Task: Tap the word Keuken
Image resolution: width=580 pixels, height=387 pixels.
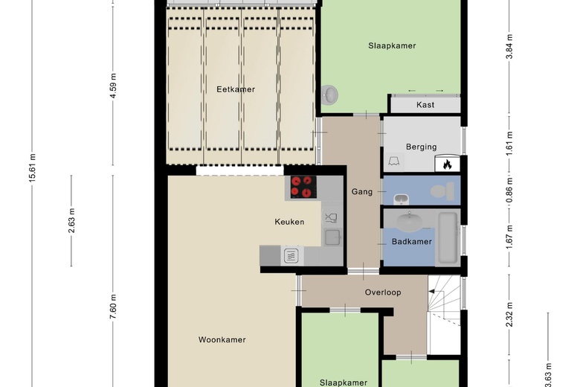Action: (289, 222)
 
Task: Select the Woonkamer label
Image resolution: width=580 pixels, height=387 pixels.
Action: (222, 339)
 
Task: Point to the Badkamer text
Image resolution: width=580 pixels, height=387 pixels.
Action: (412, 242)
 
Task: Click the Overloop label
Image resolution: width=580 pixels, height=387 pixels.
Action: (383, 292)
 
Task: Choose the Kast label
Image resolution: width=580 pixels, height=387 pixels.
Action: (425, 105)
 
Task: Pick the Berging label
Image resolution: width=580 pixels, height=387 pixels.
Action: (422, 147)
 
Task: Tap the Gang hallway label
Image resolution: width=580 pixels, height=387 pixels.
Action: (361, 192)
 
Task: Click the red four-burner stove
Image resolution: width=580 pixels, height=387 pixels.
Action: (301, 186)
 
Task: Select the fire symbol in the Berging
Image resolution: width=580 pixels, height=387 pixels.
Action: (448, 164)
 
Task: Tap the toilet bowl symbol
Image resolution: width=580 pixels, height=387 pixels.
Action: (442, 191)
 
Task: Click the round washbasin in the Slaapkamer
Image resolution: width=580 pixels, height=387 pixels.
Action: (331, 95)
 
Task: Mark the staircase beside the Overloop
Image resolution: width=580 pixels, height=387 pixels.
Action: (444, 313)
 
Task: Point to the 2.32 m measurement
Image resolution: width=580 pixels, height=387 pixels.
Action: (509, 307)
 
